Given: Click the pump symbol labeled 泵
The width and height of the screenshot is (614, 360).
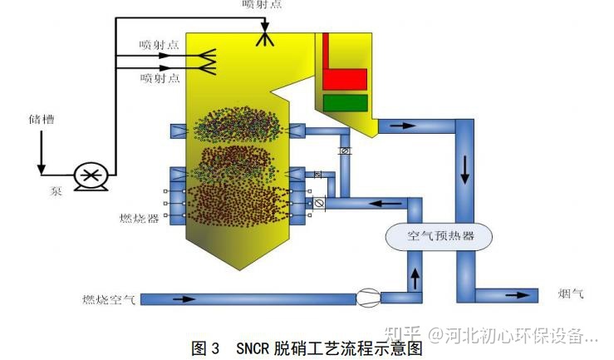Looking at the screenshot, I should point(87,175).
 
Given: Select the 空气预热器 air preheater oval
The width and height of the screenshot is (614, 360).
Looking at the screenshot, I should point(441,236).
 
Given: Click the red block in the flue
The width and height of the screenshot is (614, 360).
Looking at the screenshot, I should point(345,79).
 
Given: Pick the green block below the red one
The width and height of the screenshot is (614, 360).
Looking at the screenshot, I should point(345,103).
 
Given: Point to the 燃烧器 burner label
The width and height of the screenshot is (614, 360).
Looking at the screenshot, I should point(139,219).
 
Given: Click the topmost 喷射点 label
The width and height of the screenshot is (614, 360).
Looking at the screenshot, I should point(262,6).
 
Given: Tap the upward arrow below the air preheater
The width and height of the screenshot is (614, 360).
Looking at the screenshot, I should point(415,274).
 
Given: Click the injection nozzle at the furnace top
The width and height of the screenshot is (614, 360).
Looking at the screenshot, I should point(266,37).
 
